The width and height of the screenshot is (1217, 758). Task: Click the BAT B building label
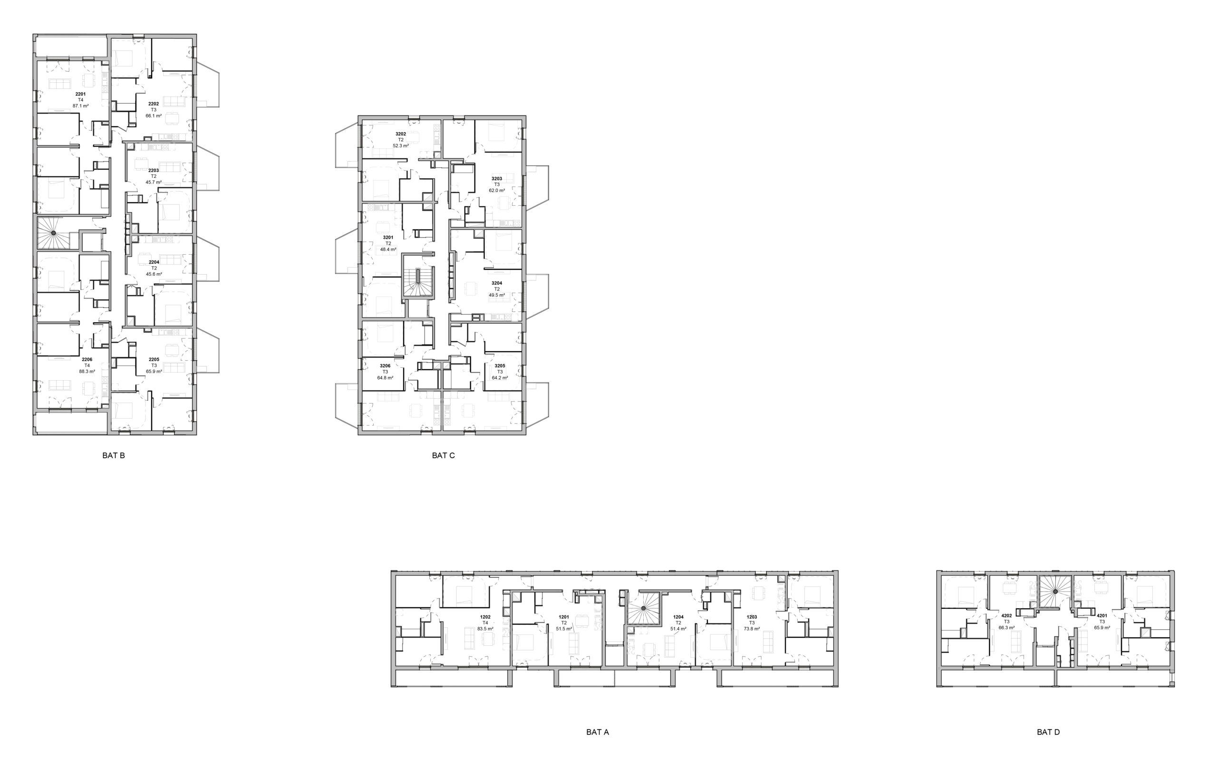[x=113, y=455]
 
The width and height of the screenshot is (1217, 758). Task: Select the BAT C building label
[x=443, y=455]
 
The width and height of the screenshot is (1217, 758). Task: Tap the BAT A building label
[x=597, y=732]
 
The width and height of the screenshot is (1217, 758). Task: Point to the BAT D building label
[x=1048, y=732]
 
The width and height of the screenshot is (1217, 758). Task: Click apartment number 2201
[x=80, y=94]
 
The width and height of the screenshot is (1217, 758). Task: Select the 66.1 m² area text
[x=154, y=116]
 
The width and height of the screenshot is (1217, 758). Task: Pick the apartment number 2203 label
[x=154, y=171]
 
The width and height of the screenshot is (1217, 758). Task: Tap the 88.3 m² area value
[x=87, y=372]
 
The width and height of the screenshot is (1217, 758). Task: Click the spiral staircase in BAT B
[x=53, y=233]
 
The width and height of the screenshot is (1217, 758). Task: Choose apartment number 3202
[x=401, y=134]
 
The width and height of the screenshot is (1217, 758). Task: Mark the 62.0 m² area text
[x=496, y=191]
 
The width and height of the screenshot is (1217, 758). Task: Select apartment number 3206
[x=385, y=366]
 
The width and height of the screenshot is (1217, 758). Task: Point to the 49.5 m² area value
[x=496, y=295]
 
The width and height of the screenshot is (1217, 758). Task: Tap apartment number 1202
[x=485, y=617]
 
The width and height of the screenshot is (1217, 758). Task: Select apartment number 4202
[x=1006, y=615]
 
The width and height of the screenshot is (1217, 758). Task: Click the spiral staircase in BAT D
[x=1055, y=592]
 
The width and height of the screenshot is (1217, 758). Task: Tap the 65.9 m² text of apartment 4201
[x=1101, y=628]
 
